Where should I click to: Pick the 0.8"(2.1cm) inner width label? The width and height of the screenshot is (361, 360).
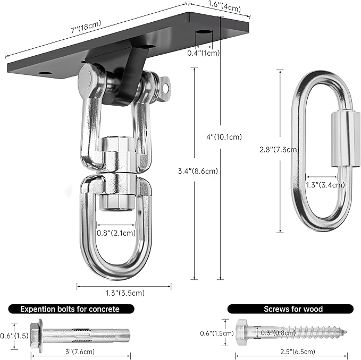[x=116, y=233]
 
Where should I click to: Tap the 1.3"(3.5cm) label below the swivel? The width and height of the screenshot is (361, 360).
[x=125, y=293]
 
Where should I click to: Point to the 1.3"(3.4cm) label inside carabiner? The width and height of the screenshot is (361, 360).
[x=325, y=185]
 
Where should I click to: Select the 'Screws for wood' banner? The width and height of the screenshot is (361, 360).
[x=293, y=309]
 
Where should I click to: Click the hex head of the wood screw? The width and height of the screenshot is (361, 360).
[x=242, y=333]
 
